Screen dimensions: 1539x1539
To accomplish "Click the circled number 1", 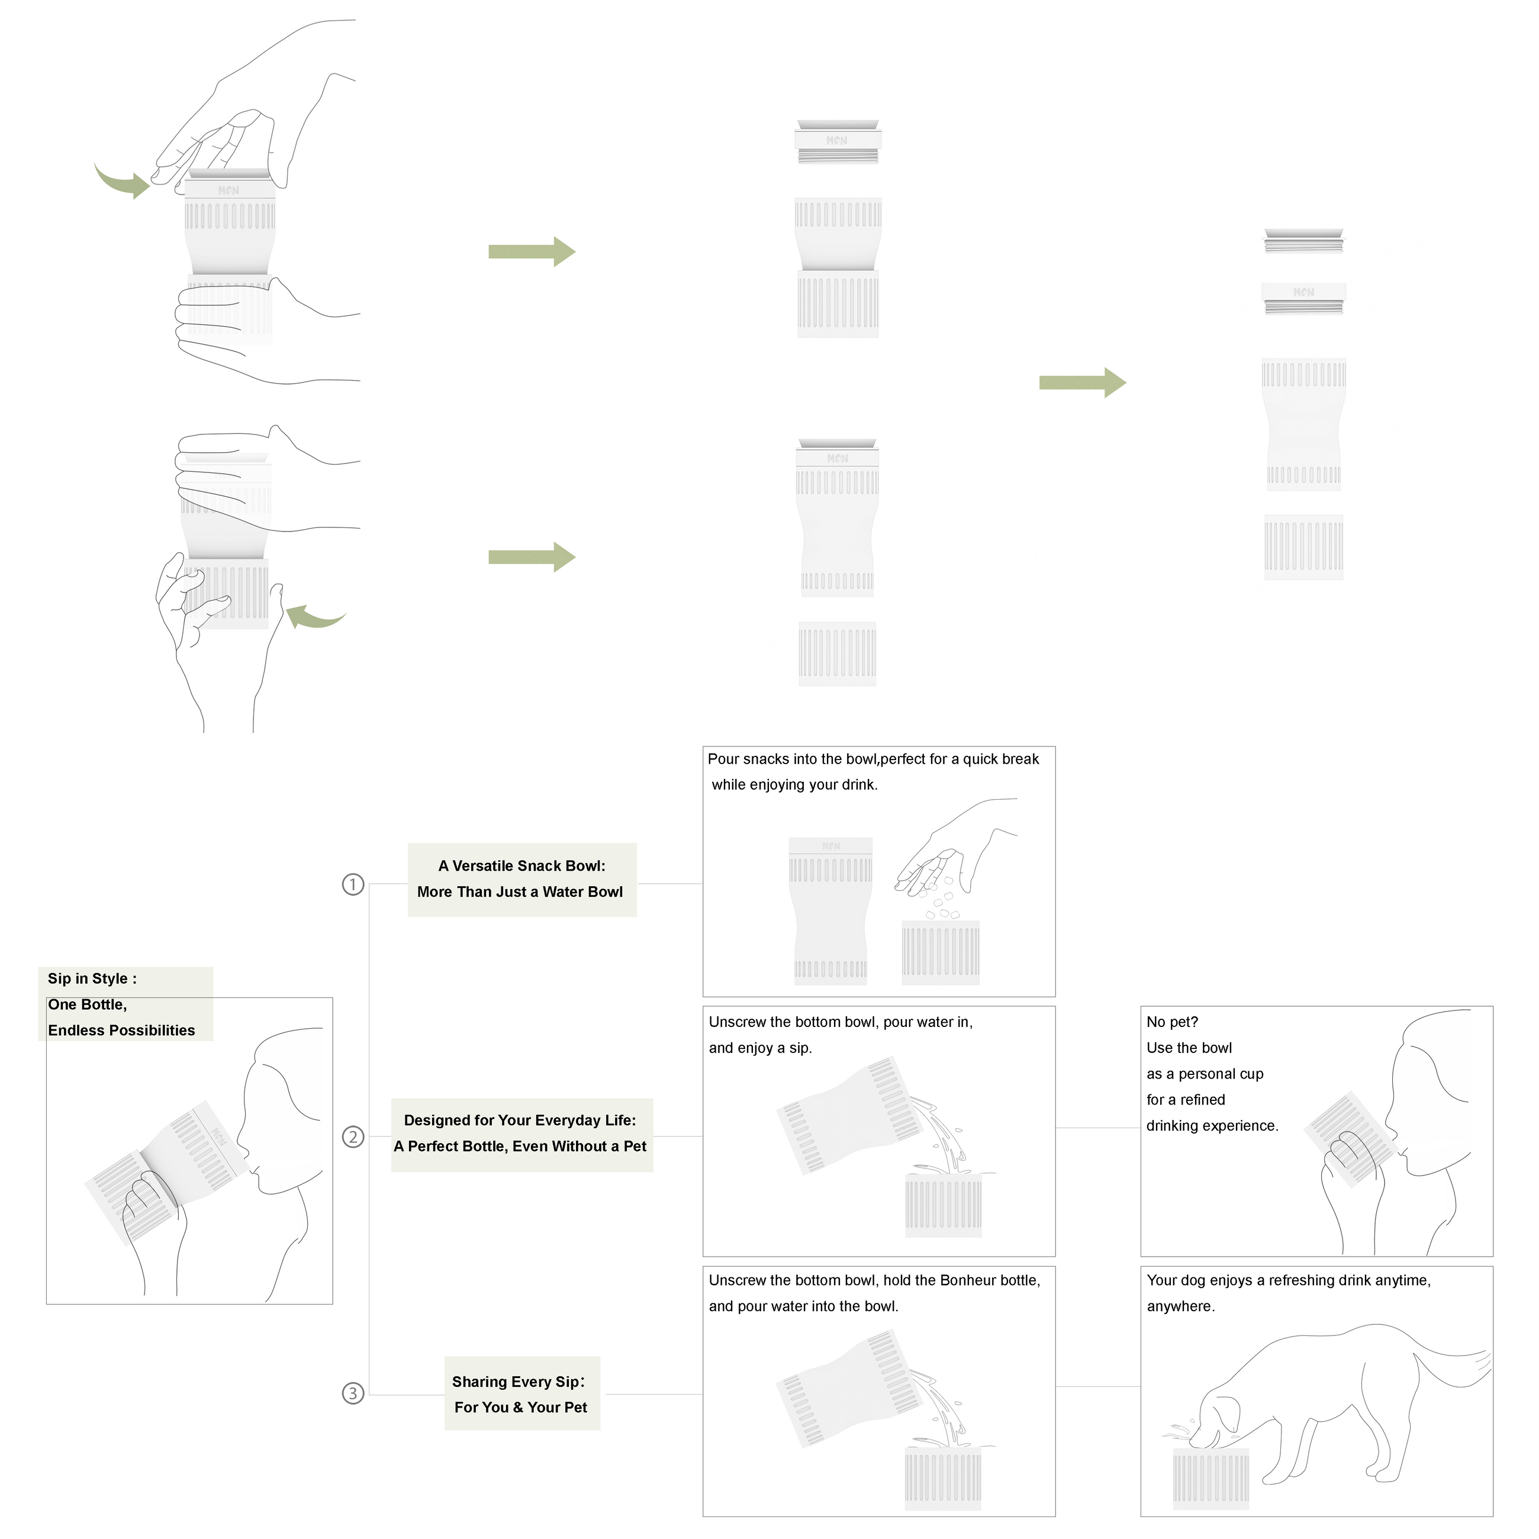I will [x=353, y=884].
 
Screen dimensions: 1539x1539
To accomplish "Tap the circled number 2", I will [x=353, y=1136].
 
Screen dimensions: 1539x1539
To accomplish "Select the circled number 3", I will [x=353, y=1393].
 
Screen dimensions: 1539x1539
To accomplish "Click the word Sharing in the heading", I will [x=477, y=1382].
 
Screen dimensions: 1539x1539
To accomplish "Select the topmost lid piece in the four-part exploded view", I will [x=1303, y=240].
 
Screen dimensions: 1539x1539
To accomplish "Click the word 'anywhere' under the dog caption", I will [x=1180, y=1306].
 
